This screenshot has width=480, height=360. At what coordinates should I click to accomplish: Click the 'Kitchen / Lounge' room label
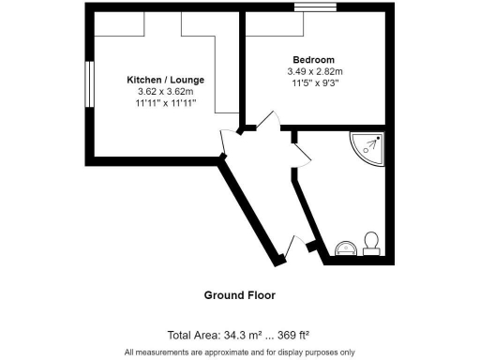click(166, 80)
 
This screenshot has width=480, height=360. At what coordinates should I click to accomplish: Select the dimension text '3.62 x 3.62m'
click(166, 92)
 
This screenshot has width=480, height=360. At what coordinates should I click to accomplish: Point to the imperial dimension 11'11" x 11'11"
click(166, 104)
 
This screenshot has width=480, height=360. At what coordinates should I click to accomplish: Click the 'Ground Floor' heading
click(240, 295)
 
